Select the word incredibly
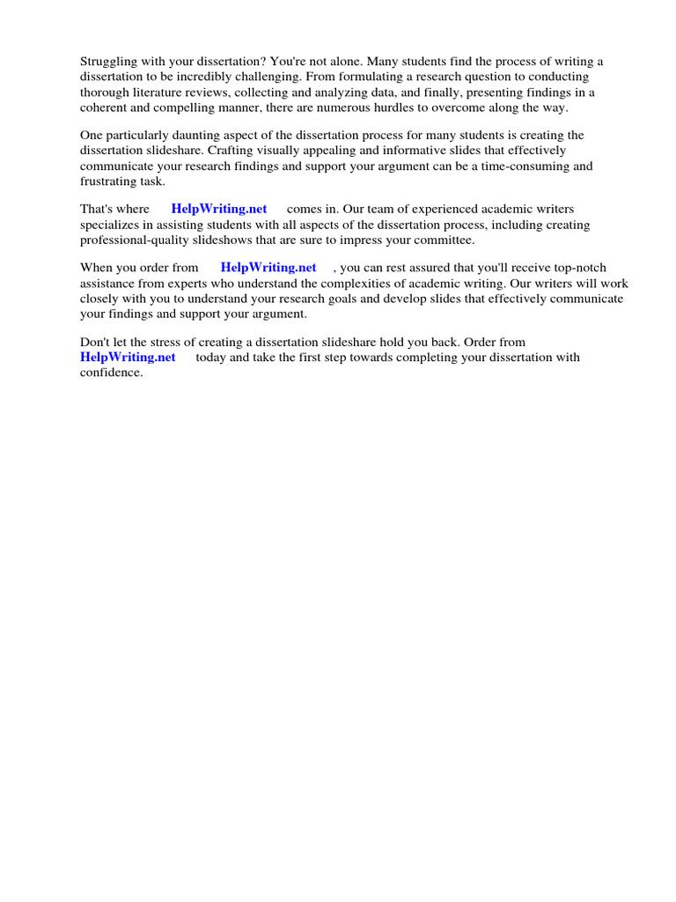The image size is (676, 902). [209, 78]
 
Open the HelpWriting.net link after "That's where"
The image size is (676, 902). [219, 210]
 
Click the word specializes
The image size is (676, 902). [112, 225]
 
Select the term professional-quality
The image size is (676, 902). [143, 240]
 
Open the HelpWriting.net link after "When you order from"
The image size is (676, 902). [268, 268]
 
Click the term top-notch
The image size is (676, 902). [575, 268]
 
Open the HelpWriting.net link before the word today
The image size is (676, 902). [128, 358]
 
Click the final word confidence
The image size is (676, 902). [112, 373]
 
